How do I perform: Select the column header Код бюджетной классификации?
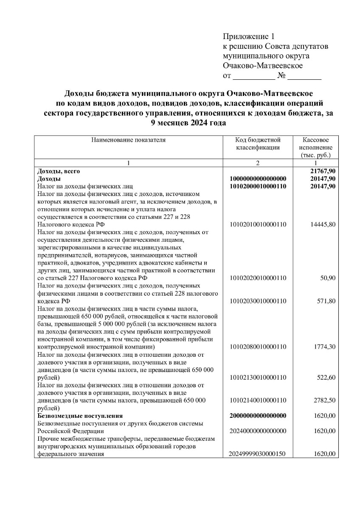point(258,143)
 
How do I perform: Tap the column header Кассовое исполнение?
point(315,147)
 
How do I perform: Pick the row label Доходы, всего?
point(59,171)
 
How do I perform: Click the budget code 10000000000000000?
point(258,179)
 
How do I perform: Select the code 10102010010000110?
point(258,224)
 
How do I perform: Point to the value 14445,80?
point(323,224)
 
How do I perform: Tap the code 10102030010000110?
point(258,301)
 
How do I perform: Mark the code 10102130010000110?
point(258,377)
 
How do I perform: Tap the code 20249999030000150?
point(258,453)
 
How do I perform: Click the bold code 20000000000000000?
point(258,415)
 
